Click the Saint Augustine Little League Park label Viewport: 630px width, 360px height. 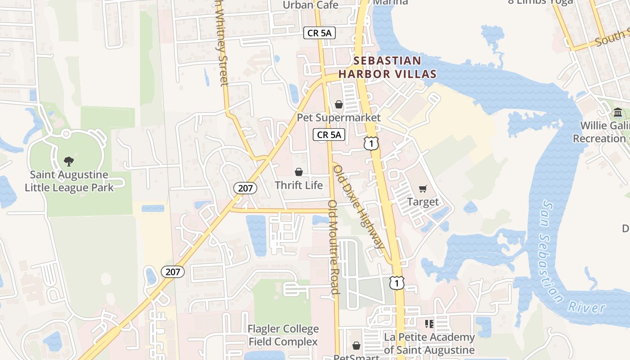(x=69, y=181)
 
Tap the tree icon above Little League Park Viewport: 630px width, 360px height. (x=69, y=161)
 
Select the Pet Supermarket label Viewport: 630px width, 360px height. (x=338, y=118)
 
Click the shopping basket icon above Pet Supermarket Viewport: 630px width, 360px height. (x=339, y=104)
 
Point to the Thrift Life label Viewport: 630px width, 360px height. (x=299, y=185)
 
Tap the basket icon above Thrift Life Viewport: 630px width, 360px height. (x=299, y=172)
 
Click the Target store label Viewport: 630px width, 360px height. (x=423, y=202)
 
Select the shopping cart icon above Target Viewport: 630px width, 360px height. (x=423, y=189)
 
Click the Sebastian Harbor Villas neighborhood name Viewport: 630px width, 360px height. (x=387, y=67)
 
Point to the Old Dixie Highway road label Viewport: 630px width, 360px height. (x=359, y=207)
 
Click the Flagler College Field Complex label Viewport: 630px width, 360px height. (x=283, y=335)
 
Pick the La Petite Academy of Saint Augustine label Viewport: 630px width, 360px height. (x=429, y=343)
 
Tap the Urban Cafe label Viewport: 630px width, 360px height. (x=310, y=5)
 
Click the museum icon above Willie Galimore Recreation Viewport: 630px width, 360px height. (x=618, y=112)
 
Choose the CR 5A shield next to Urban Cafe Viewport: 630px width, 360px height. (x=319, y=33)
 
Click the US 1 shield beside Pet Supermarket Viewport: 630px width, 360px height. (x=371, y=144)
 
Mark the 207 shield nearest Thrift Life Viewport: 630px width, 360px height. (x=245, y=188)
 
